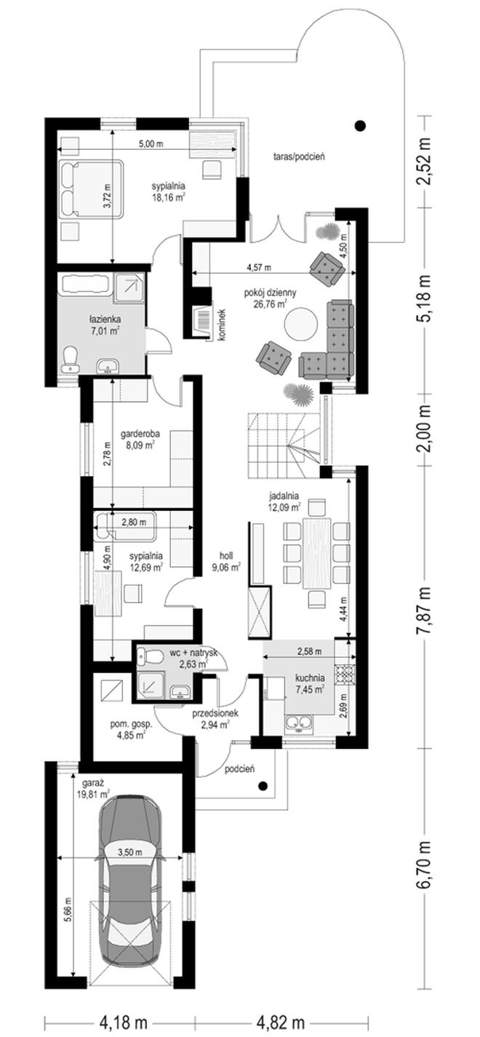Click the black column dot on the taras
click(360, 124)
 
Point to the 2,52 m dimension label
click(424, 161)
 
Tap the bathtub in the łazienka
click(84, 283)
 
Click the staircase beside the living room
click(284, 445)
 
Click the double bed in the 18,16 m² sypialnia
click(91, 189)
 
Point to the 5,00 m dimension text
click(151, 144)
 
